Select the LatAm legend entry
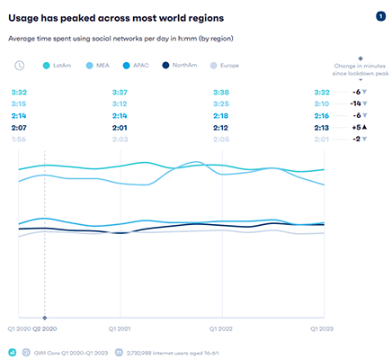[59, 64]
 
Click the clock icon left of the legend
[21, 64]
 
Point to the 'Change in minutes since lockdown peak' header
[358, 70]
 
